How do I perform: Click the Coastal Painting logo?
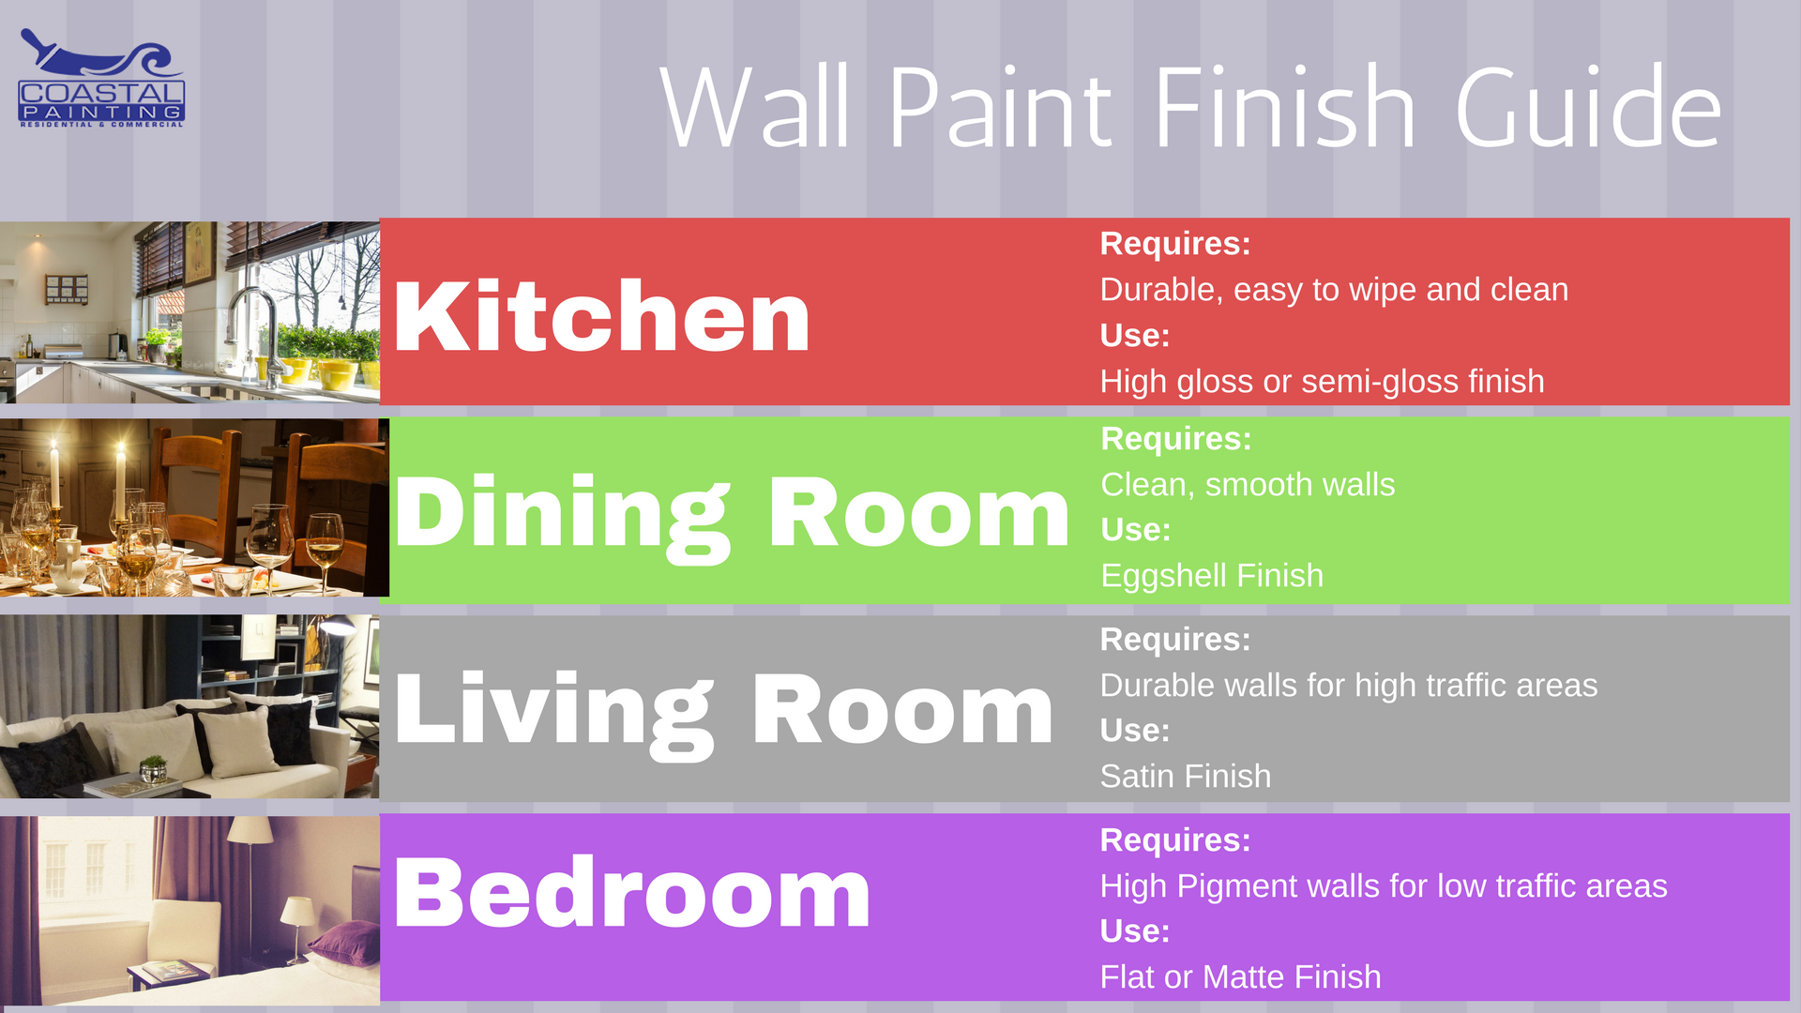101,79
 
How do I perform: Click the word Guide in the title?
1588,107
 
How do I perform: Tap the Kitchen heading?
601,316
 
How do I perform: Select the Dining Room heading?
732,517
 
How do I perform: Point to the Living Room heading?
723,714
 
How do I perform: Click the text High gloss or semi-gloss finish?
1322,382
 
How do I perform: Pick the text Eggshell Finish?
1212,576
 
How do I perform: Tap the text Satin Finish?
1186,777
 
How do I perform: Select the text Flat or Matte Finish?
1240,977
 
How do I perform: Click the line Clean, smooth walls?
1248,485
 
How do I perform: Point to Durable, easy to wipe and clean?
1334,290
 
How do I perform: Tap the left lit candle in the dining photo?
54,478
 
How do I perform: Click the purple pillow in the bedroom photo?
343,941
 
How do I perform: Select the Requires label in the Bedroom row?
1175,840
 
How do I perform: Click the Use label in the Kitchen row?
1135,336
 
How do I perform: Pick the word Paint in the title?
1000,107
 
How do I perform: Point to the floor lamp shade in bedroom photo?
251,829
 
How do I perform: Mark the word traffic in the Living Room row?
1466,686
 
